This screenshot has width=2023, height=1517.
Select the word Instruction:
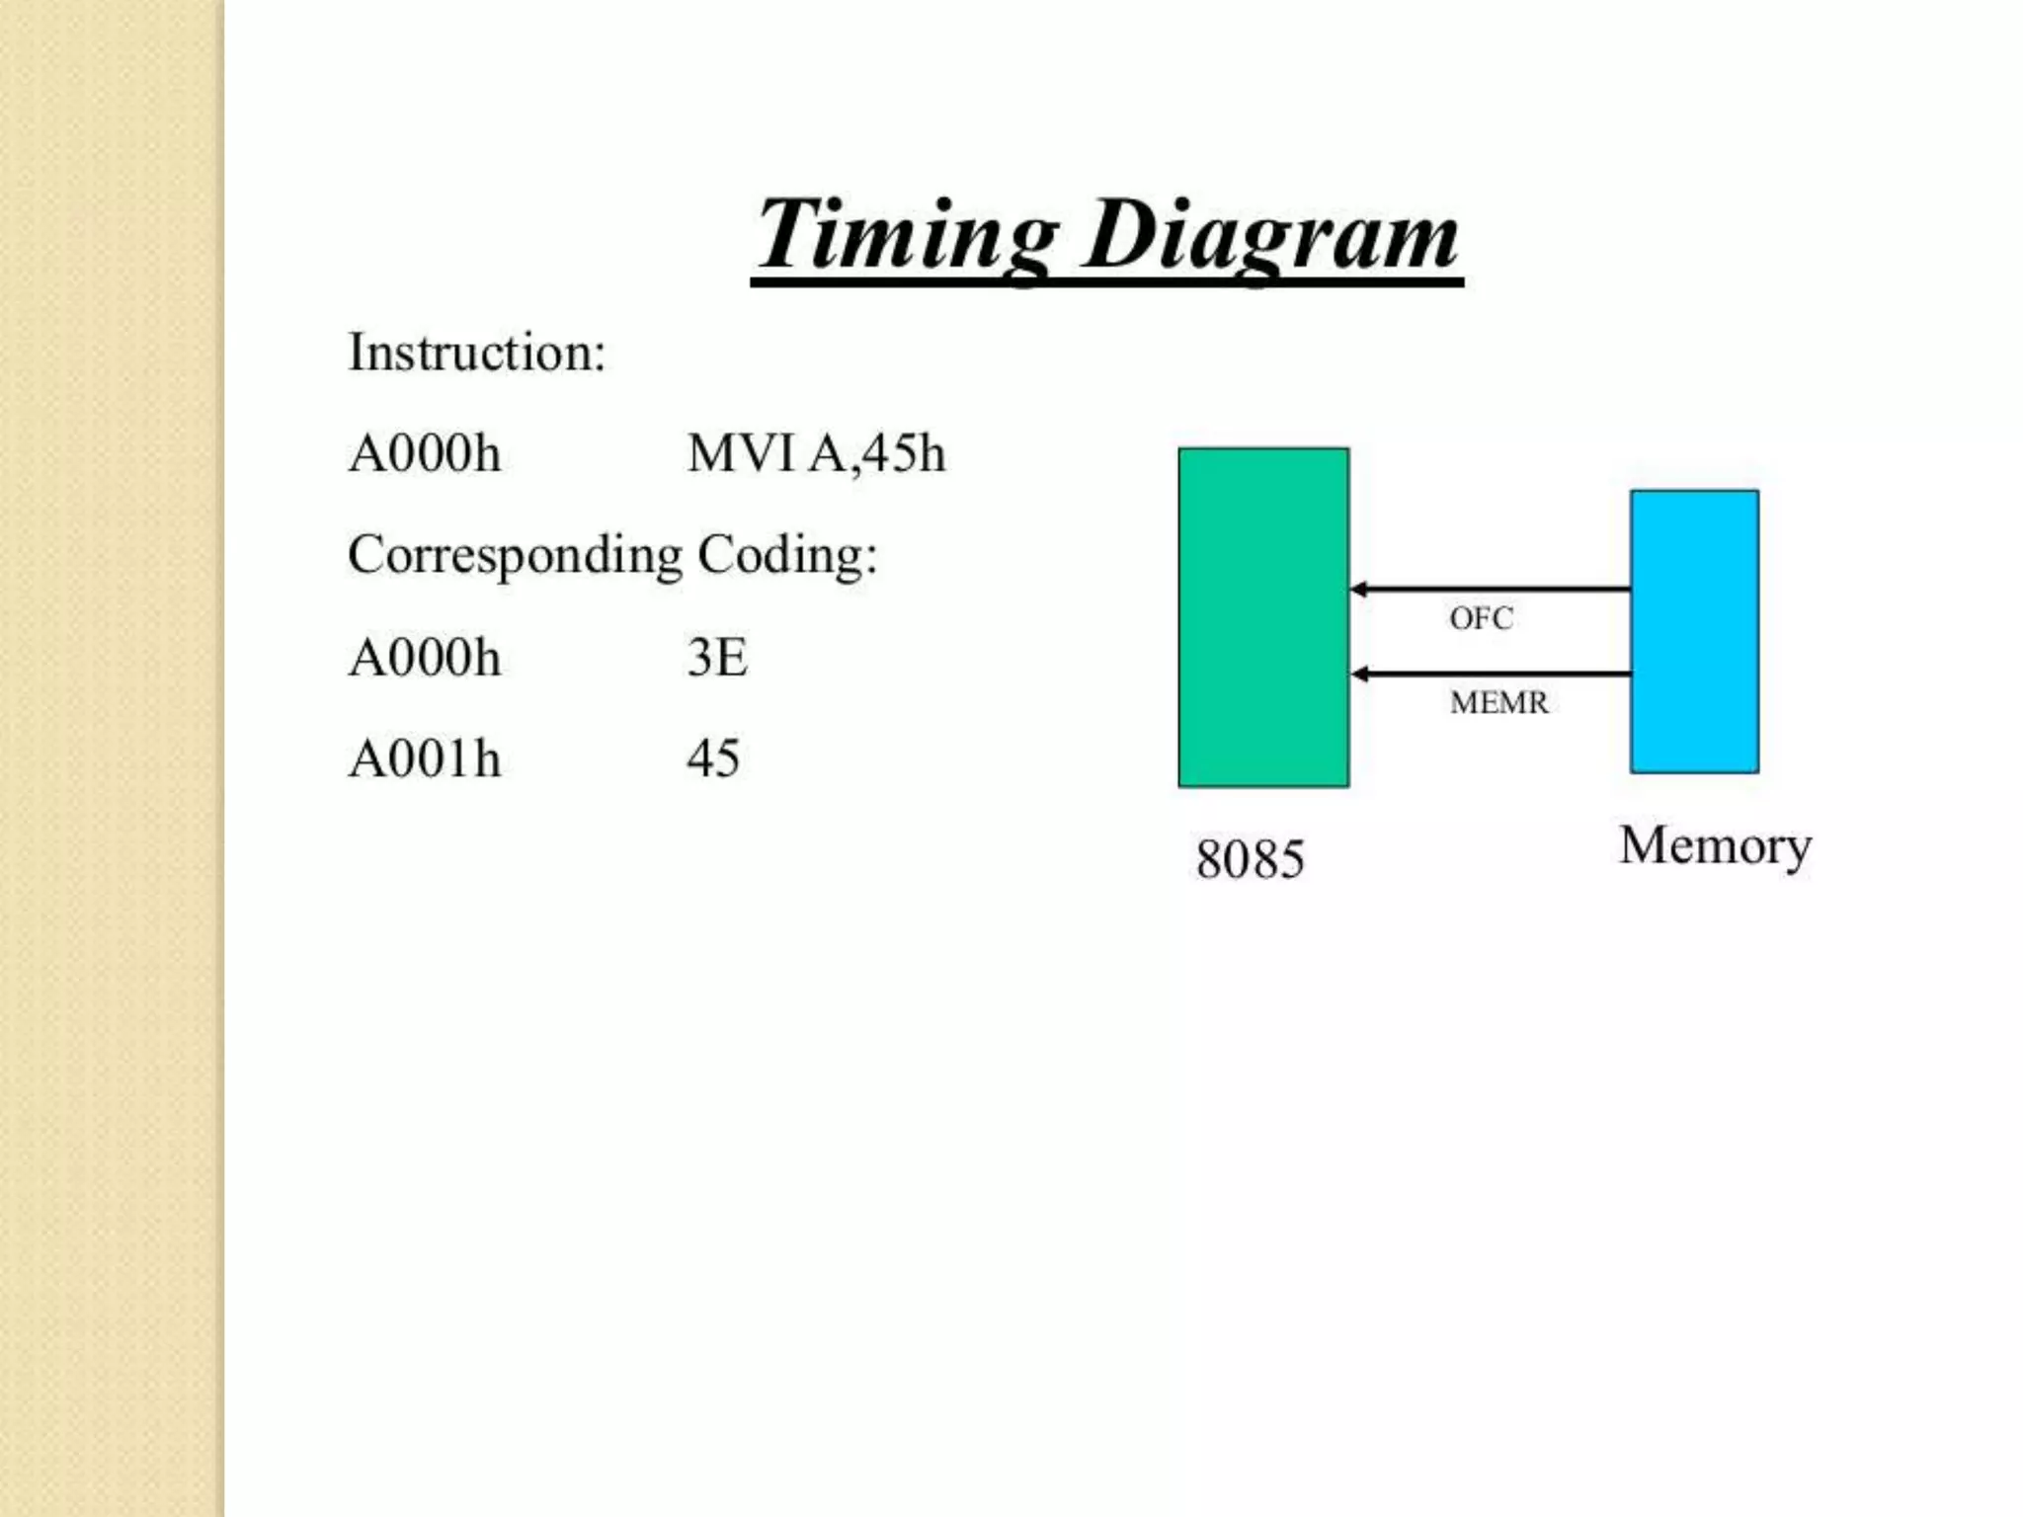click(x=476, y=353)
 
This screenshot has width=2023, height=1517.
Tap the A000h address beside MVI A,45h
click(x=425, y=454)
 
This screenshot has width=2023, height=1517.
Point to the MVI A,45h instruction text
click(x=816, y=454)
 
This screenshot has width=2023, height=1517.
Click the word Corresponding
click(x=515, y=555)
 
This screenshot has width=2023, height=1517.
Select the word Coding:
click(x=787, y=555)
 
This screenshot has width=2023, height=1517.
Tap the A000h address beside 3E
click(x=425, y=658)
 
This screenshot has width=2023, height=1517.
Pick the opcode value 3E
click(x=717, y=658)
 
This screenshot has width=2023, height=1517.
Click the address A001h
click(x=425, y=759)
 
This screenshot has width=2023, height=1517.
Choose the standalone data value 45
click(x=713, y=759)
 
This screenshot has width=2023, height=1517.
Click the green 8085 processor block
click(x=1263, y=617)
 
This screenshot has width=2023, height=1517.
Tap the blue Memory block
click(x=1694, y=631)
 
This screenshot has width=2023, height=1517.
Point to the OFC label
click(x=1481, y=618)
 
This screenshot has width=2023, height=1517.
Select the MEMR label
click(x=1498, y=702)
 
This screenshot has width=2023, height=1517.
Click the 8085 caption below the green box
click(x=1250, y=858)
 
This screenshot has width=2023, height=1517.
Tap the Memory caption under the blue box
click(x=1715, y=846)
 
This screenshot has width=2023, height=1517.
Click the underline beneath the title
click(x=1106, y=283)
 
